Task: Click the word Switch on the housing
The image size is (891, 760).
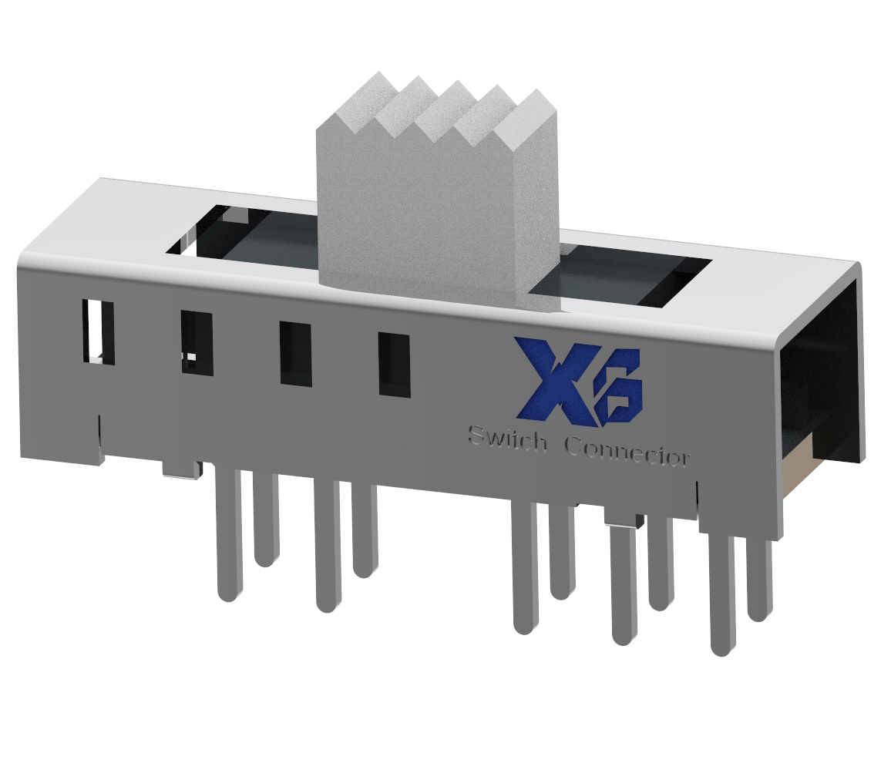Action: point(508,440)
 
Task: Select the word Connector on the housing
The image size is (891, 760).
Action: point(627,450)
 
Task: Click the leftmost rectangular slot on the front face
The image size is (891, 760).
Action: point(98,332)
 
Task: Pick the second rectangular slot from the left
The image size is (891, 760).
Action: point(197,342)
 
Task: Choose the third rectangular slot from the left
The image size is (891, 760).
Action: point(295,354)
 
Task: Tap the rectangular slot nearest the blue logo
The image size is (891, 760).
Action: point(394,365)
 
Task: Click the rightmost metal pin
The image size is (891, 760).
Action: point(759,578)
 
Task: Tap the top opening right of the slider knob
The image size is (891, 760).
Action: point(632,277)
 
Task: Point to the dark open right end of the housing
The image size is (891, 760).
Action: point(821,370)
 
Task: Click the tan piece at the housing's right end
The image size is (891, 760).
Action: point(798,462)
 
